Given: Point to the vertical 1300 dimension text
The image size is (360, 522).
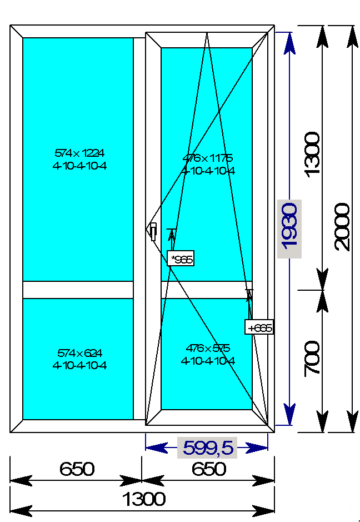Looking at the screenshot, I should [x=313, y=153].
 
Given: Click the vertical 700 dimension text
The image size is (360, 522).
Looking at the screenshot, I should [x=313, y=358].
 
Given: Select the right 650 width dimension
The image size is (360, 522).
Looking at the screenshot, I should [x=209, y=469].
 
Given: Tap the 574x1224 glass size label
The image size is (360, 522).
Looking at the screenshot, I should [x=80, y=152].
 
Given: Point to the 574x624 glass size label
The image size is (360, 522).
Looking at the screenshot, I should [x=80, y=353].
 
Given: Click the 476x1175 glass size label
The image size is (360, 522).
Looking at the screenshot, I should [x=208, y=158].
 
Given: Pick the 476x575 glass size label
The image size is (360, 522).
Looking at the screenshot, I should [x=208, y=349].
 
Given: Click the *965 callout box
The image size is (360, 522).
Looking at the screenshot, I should [x=181, y=258].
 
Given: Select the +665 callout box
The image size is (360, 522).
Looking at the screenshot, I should [x=259, y=327].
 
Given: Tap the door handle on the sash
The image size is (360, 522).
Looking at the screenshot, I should [x=153, y=230].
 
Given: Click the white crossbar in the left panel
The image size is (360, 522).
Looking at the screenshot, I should [x=78, y=290].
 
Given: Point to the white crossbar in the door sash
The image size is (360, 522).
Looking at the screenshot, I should [x=206, y=290].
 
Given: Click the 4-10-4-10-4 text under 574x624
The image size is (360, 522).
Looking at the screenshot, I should [x=80, y=365].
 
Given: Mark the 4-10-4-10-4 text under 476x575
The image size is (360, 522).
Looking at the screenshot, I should [x=208, y=361].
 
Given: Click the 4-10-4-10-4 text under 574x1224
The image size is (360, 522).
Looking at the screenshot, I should [x=80, y=166].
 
